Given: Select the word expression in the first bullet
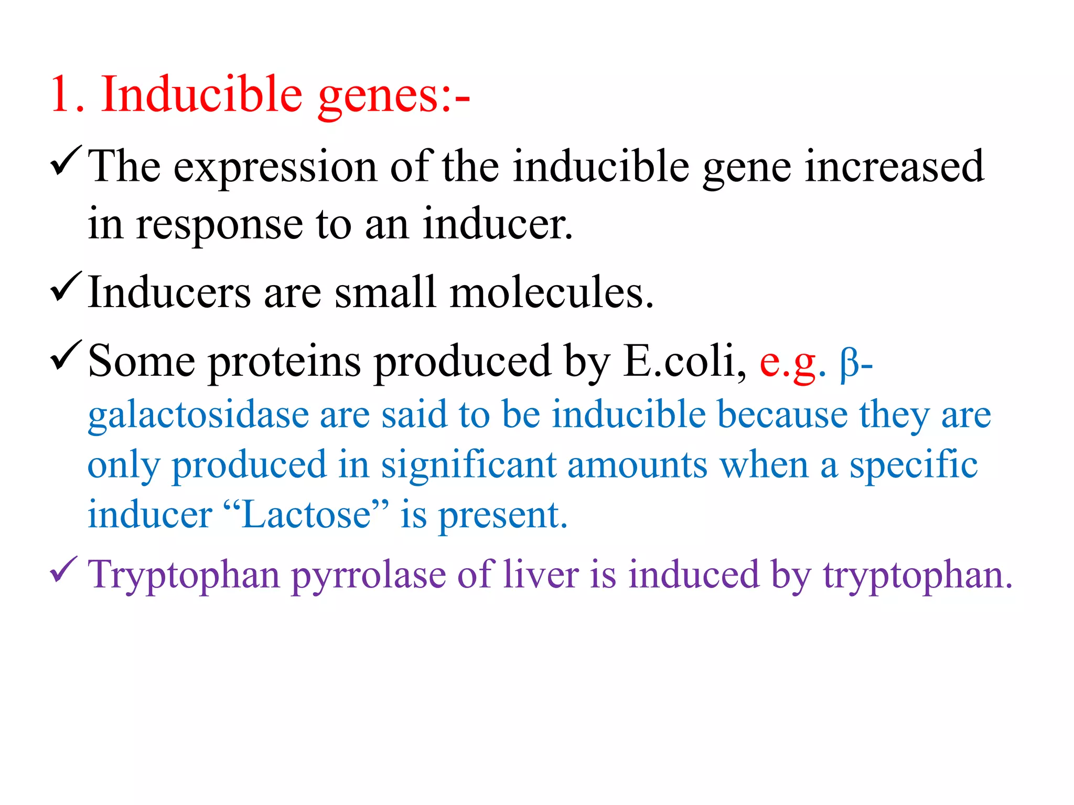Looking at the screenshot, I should click(275, 167).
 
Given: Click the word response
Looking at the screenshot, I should click(219, 224).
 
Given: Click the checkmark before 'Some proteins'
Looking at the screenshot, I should click(66, 356).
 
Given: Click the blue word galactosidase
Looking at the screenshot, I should click(198, 415).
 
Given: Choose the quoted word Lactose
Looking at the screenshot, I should click(307, 515).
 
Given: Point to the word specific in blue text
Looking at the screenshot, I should click(913, 465).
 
